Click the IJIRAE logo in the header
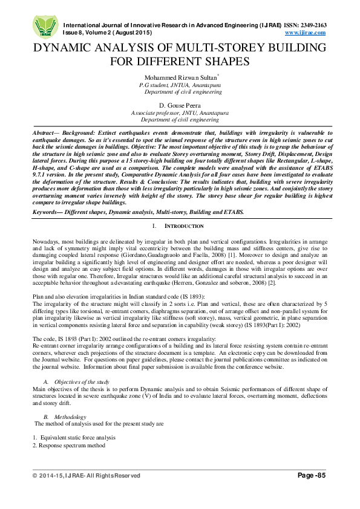44,25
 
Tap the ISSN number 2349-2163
326,25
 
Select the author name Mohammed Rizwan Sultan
178,78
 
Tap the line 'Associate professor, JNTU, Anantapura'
180,113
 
